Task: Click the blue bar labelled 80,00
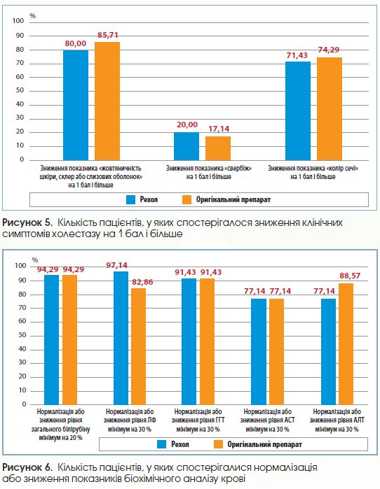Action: tap(76, 105)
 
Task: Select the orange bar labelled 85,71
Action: tap(107, 101)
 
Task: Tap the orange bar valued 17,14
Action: tap(218, 148)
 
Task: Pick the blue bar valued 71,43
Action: tap(298, 111)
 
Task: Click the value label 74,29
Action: tap(328, 50)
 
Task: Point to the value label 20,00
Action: tap(187, 125)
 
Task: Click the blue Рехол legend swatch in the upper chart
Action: tap(130, 199)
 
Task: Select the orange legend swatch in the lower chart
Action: tap(218, 444)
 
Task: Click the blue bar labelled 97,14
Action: tap(121, 338)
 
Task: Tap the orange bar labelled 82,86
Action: tap(138, 346)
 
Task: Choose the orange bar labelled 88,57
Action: tap(346, 344)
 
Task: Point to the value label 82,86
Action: tap(142, 282)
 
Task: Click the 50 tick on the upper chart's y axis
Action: tap(20, 90)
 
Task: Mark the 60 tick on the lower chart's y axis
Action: tap(22, 321)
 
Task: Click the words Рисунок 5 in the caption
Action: tap(27, 222)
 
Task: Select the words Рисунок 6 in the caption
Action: tap(27, 467)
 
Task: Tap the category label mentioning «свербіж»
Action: tap(208, 173)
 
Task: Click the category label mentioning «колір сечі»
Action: tap(313, 173)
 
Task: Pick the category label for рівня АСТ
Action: tap(268, 420)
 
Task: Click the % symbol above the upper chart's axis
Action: tap(32, 16)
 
